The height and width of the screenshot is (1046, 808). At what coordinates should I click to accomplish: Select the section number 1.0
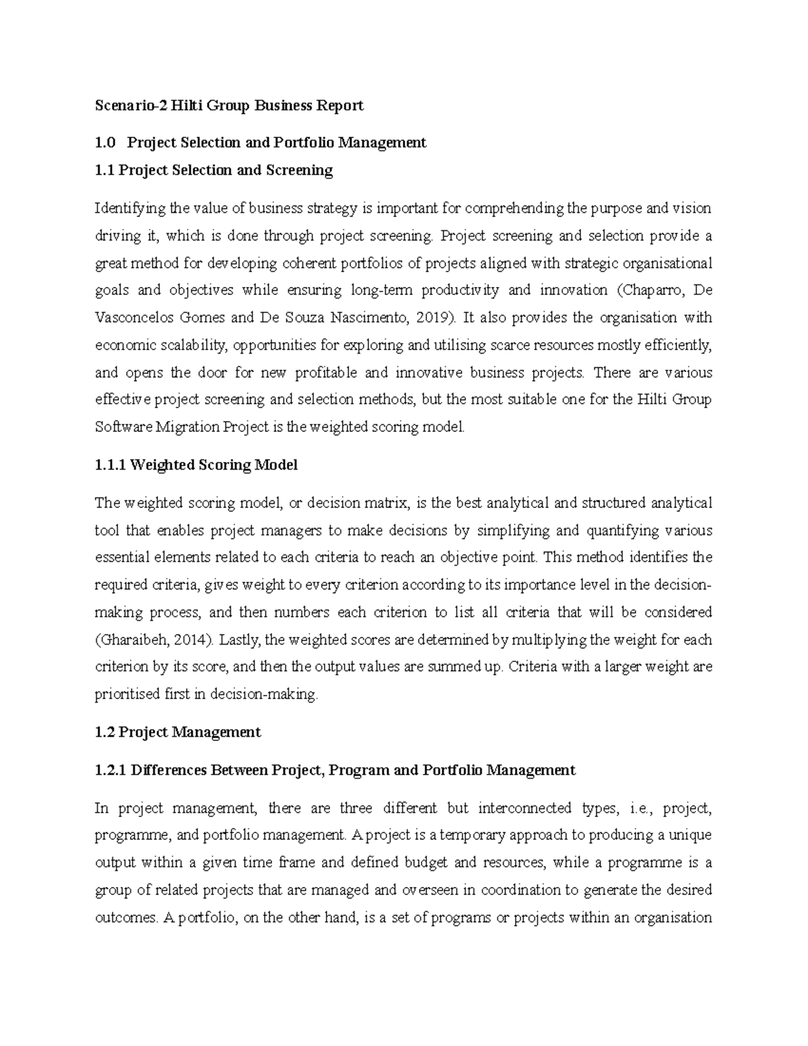pos(106,142)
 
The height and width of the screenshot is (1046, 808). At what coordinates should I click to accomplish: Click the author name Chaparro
pos(647,290)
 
